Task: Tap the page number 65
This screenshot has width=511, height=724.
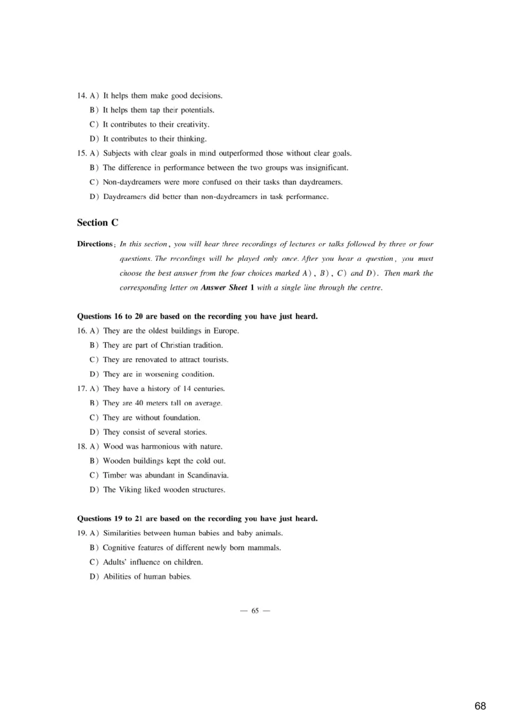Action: tap(255, 611)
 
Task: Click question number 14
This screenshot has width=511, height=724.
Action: tap(82, 96)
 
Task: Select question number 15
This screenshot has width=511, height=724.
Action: tap(82, 153)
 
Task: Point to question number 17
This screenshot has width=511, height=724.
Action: tap(82, 389)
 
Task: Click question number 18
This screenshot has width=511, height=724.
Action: tap(82, 446)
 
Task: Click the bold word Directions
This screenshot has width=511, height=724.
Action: tap(95, 244)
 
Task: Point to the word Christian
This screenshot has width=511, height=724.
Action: tap(162, 345)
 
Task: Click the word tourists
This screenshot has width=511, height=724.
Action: tap(213, 360)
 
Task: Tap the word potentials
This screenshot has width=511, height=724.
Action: tap(195, 110)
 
